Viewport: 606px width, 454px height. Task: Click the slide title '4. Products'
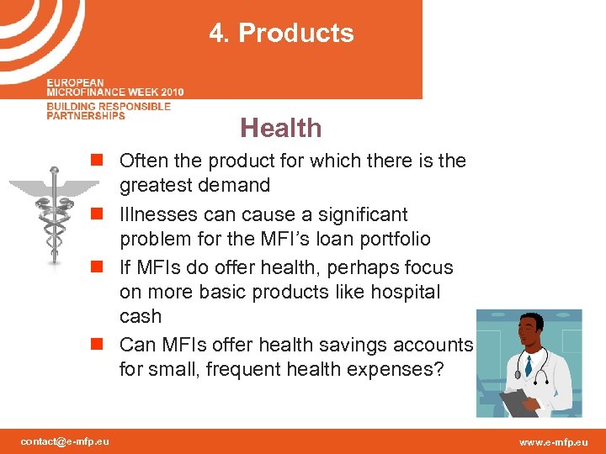[281, 34]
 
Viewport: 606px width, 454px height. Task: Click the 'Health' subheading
[280, 128]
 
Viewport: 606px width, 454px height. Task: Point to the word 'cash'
[141, 316]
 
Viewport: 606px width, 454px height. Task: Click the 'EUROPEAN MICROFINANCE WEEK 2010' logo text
[114, 87]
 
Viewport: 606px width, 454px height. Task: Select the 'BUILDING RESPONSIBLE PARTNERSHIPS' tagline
[108, 111]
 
